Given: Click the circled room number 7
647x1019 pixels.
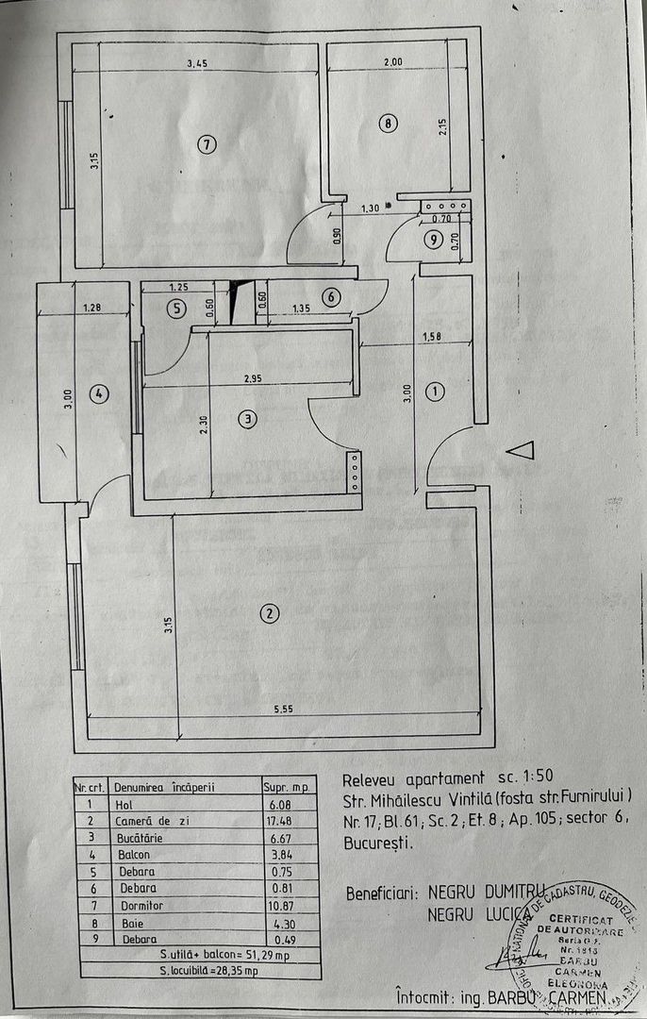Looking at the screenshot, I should (207, 144).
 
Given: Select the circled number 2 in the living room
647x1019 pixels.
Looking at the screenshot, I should (270, 613).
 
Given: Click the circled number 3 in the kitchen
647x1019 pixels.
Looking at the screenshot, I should (247, 419).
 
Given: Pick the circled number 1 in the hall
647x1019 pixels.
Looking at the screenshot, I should (435, 391).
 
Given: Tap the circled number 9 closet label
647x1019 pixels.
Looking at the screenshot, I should (433, 241).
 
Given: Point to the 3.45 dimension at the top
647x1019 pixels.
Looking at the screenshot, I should (197, 63).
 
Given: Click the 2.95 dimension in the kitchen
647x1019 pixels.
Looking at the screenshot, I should (253, 378).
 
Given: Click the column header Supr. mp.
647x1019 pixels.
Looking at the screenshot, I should (288, 786).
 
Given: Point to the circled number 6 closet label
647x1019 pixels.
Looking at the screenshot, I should (329, 296).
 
